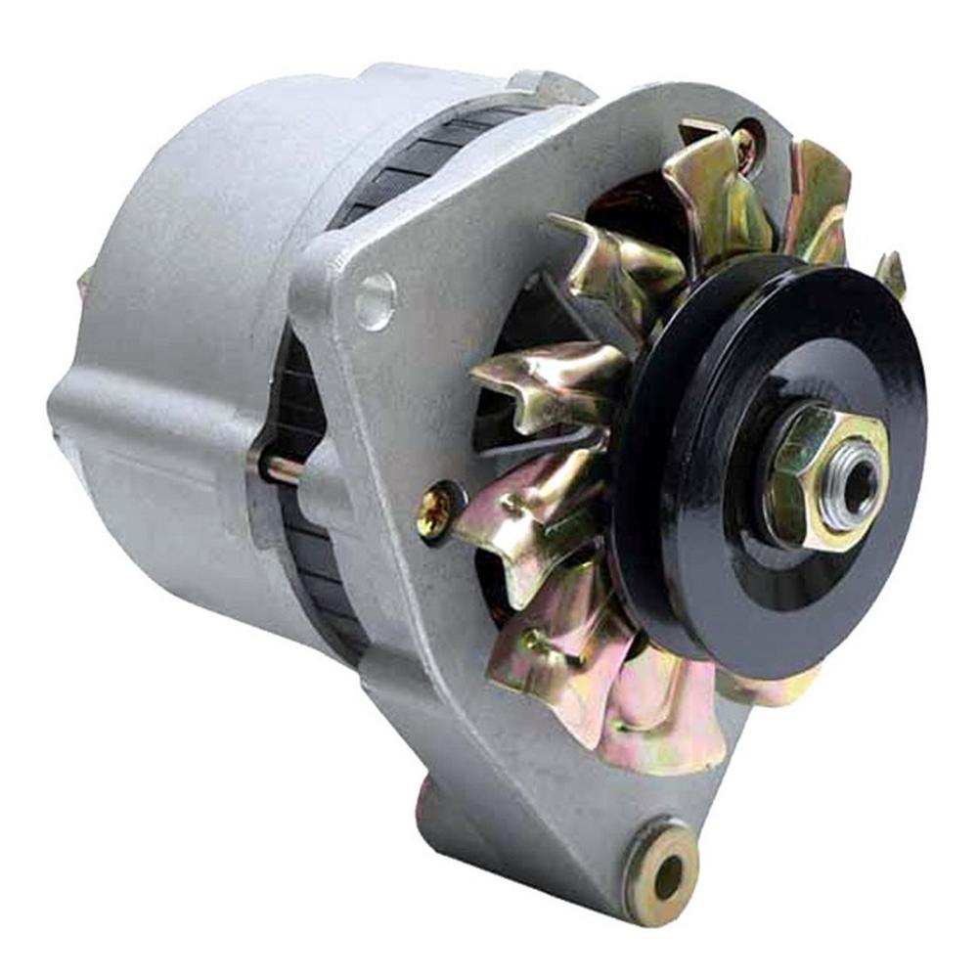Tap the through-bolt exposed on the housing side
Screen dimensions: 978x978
click(279, 467)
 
